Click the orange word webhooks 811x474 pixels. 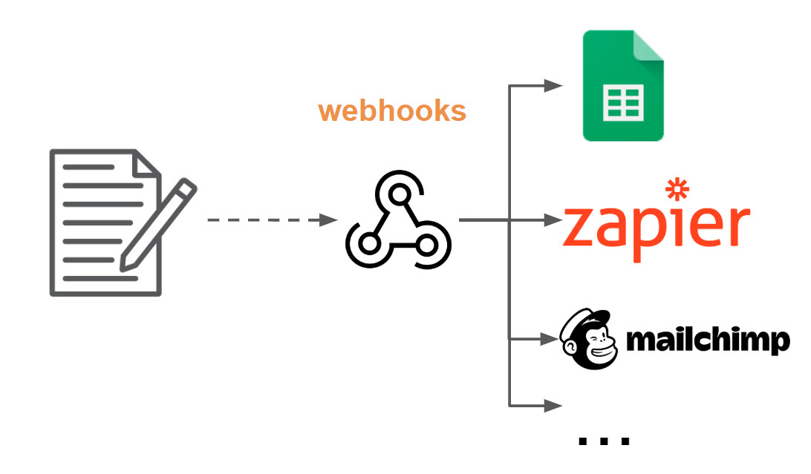point(391,111)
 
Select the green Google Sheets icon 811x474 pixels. point(622,86)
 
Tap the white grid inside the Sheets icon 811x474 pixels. point(622,104)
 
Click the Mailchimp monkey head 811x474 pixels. point(588,340)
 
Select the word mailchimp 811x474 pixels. point(708,341)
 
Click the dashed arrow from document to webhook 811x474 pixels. point(267,220)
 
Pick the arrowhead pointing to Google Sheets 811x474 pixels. point(553,85)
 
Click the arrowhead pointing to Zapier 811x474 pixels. point(553,220)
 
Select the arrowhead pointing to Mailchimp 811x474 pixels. point(550,339)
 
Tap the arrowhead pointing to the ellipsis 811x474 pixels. point(553,405)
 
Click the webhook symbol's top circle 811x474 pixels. point(399,195)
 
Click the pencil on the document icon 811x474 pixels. point(160,223)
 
